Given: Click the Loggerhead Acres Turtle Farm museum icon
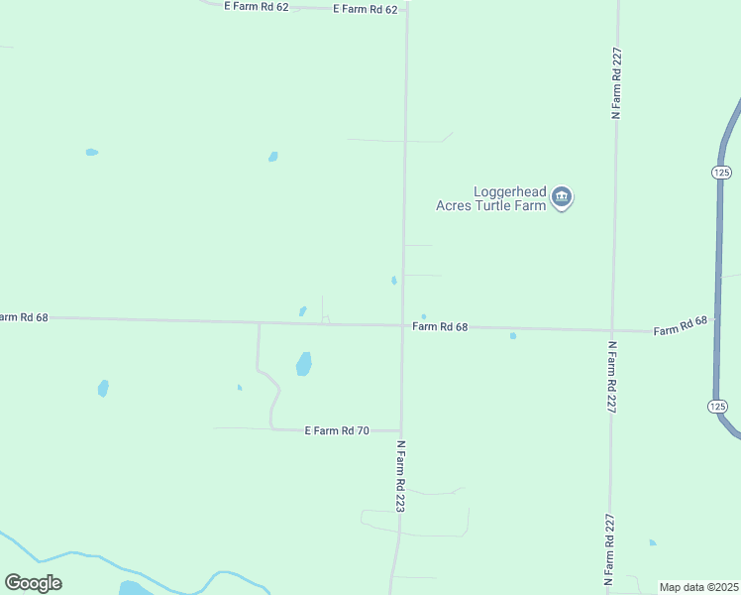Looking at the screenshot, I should click(562, 197).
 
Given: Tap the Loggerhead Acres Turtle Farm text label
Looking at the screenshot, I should click(492, 198).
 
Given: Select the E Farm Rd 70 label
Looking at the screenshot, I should click(337, 430).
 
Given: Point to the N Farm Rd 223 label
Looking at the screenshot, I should click(401, 476).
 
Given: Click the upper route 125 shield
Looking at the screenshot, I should click(721, 173).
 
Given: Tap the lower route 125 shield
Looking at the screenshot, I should click(718, 407).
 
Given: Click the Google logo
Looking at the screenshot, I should click(33, 583).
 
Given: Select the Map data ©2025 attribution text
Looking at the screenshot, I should click(699, 587).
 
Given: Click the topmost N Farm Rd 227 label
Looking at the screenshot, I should click(616, 84).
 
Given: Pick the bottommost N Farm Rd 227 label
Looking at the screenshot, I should click(610, 547).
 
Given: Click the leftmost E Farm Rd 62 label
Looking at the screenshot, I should click(257, 6).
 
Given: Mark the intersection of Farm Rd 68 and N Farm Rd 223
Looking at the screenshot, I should click(402, 324).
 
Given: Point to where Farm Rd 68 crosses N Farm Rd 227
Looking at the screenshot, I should click(613, 329).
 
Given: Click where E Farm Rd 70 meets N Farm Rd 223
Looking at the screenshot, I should click(401, 430).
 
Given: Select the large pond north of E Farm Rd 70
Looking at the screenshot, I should click(304, 364).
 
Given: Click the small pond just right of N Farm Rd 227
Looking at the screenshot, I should click(652, 542).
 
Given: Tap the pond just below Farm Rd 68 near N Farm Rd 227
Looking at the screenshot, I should click(513, 336).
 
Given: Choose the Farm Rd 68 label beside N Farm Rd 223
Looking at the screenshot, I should click(440, 326).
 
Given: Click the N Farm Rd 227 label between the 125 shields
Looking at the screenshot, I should click(612, 377).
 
